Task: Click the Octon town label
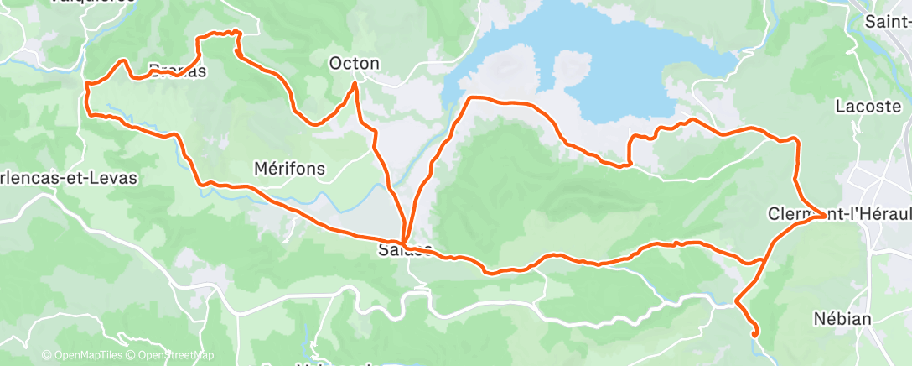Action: pyautogui.click(x=355, y=63)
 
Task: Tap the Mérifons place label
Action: pyautogui.click(x=288, y=169)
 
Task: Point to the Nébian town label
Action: pyautogui.click(x=843, y=319)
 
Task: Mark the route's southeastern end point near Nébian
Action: pyautogui.click(x=755, y=334)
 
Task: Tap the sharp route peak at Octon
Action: pyautogui.click(x=355, y=83)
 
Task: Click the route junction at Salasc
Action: pyautogui.click(x=404, y=243)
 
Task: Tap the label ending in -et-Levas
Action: pyautogui.click(x=69, y=178)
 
